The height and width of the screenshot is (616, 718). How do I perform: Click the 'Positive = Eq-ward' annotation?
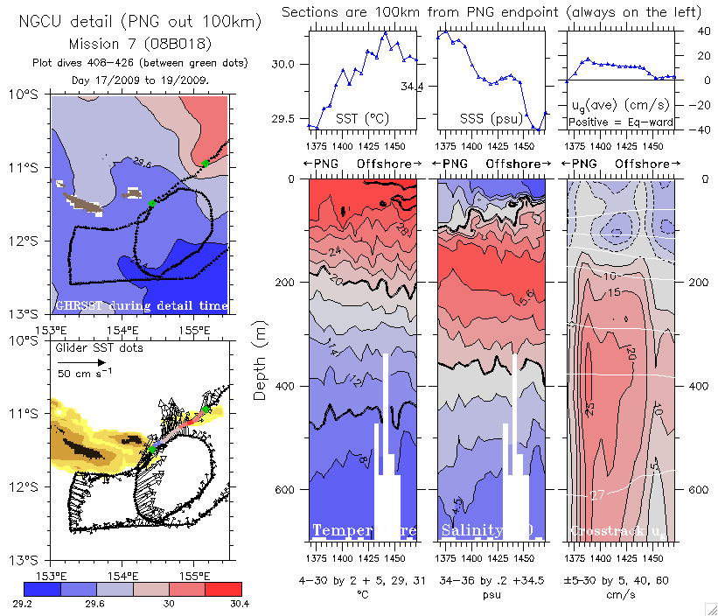621,122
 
